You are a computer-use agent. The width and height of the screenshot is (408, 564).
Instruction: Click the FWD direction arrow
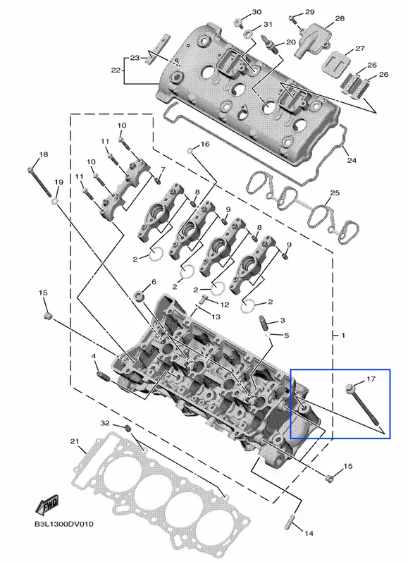click(47, 504)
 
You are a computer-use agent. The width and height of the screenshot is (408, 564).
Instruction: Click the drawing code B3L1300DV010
click(64, 524)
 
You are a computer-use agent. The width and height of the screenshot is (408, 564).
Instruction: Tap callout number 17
click(371, 379)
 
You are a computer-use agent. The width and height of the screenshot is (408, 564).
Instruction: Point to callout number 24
click(352, 160)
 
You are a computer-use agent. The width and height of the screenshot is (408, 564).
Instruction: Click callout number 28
click(340, 18)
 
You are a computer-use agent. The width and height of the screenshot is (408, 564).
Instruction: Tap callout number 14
click(309, 533)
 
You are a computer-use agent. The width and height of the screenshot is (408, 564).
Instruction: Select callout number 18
click(43, 154)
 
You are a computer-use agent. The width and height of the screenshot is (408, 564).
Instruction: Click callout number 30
click(256, 12)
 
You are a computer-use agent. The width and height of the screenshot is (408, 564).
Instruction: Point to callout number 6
click(154, 281)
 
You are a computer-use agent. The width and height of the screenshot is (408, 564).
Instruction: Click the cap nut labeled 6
click(139, 296)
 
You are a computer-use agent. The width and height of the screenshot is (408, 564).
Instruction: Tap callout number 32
click(104, 423)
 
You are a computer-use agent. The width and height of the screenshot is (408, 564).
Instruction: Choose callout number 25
click(335, 192)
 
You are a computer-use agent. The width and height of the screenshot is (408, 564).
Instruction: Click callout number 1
click(343, 336)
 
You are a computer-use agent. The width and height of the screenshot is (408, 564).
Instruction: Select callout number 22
click(116, 70)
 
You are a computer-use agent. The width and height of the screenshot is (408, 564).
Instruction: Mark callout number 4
click(94, 356)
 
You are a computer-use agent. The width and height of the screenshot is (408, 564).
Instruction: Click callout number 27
click(360, 49)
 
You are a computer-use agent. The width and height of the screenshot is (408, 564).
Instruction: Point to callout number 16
click(205, 144)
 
